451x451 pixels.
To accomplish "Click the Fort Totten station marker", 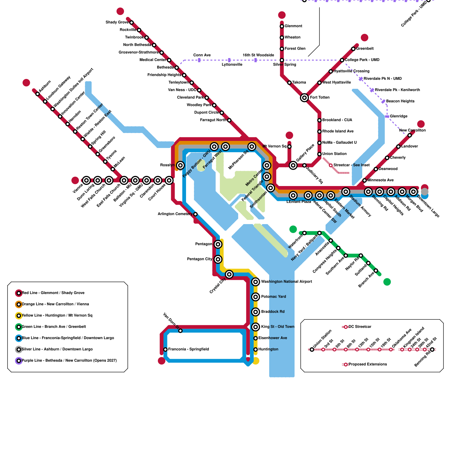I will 304,98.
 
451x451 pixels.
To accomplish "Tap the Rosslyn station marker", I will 180,165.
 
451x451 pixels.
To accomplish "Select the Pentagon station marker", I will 218,244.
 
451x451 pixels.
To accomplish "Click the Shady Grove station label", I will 117,22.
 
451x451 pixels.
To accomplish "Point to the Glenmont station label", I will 293,26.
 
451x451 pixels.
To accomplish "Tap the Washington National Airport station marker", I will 255,282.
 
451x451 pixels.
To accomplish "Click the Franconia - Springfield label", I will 188,349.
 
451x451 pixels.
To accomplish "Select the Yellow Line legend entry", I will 57,315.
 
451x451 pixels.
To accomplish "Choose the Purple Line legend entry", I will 69,361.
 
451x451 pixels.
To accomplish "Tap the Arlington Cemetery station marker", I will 195,214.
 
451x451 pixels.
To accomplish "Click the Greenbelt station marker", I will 353,49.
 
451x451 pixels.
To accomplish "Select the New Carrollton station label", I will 412,130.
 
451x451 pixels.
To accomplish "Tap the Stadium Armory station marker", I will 346,192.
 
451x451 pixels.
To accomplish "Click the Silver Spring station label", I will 284,65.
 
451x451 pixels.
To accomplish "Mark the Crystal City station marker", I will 229,274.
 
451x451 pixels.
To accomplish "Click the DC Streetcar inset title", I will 360,327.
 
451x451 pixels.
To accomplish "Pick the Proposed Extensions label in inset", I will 368,364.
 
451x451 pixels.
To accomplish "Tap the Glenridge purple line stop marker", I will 387,116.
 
